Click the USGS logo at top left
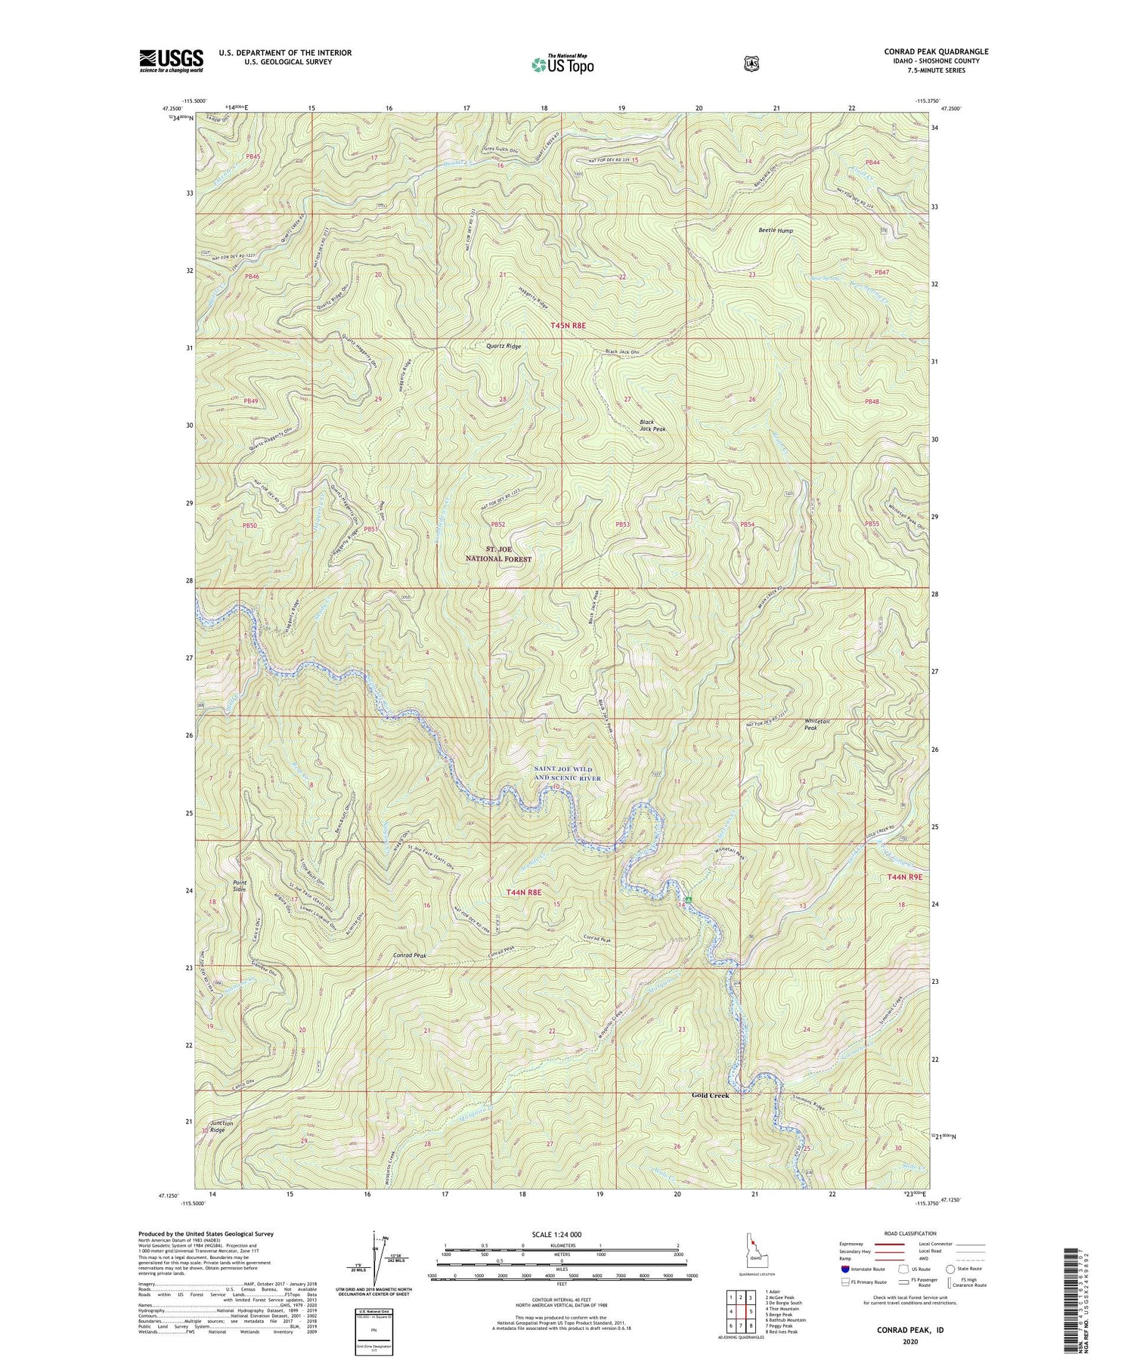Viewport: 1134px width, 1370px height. coord(171,60)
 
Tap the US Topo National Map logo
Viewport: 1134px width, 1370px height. coord(562,63)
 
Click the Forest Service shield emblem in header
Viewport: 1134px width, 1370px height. coord(751,63)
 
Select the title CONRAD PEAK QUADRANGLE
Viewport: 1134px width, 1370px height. coord(936,52)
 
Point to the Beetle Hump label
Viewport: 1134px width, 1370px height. coord(776,230)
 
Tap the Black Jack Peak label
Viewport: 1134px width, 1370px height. coord(652,425)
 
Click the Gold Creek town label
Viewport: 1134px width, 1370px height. coord(711,1095)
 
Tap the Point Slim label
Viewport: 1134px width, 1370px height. coord(240,886)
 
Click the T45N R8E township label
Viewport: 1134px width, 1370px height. coord(568,325)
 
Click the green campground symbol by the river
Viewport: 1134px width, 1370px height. coord(689,899)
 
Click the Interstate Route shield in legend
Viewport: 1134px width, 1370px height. coord(844,1269)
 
